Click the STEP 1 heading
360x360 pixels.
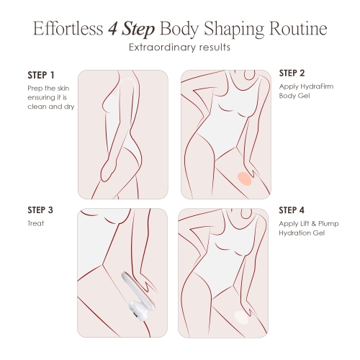(x=40, y=76)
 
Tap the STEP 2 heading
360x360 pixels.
(x=292, y=73)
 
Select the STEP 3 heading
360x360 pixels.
(x=41, y=210)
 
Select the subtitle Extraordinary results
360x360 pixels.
(x=180, y=49)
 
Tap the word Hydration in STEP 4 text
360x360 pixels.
(x=295, y=234)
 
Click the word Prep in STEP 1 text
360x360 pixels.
(x=34, y=88)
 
